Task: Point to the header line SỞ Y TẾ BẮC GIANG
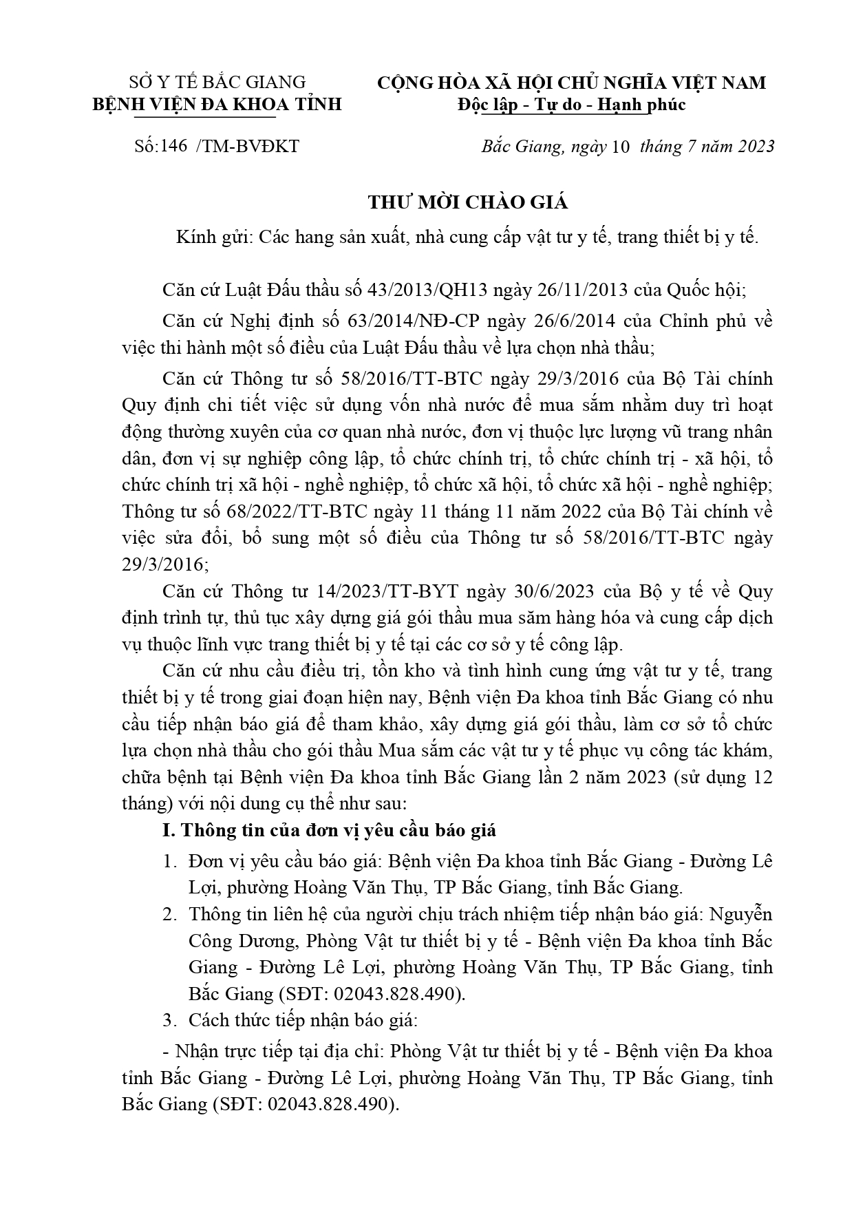click(217, 82)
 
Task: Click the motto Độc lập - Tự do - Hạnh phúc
click(570, 105)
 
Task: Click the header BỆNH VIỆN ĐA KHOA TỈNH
click(217, 105)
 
